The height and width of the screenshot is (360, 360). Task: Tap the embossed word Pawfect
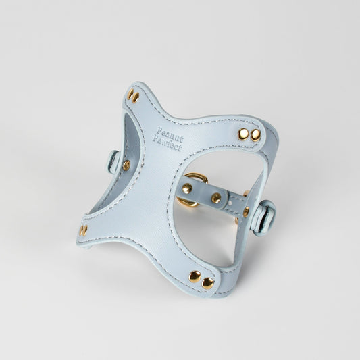click(167, 144)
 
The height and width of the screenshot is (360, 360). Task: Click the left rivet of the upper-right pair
click(243, 134)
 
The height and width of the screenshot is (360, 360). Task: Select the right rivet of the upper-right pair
click(255, 135)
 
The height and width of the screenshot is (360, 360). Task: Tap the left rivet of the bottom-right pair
click(195, 277)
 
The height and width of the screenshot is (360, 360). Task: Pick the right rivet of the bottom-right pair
click(208, 283)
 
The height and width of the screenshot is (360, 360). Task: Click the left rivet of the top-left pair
click(130, 94)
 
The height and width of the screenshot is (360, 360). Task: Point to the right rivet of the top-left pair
click(136, 97)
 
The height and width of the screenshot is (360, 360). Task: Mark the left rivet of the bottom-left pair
click(81, 230)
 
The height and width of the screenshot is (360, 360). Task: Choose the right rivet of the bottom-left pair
click(85, 231)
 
